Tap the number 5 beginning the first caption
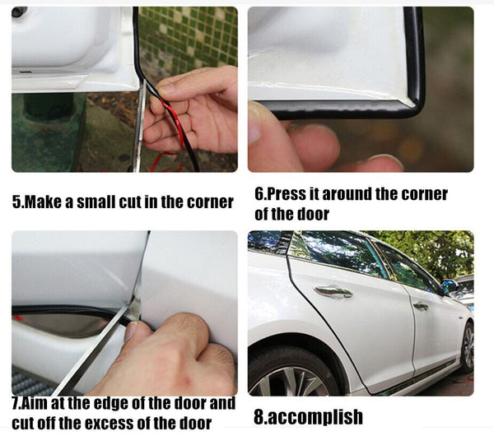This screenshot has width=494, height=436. (x=16, y=202)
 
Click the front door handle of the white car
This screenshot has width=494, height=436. (x=333, y=291)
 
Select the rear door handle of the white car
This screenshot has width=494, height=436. (x=420, y=306)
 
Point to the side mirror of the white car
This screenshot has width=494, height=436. (x=448, y=286)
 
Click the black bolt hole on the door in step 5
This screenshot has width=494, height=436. (x=19, y=12)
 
